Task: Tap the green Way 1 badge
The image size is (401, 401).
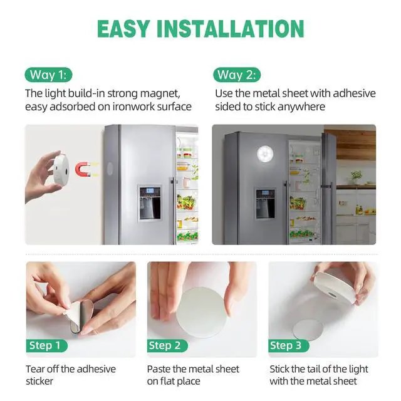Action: pyautogui.click(x=48, y=75)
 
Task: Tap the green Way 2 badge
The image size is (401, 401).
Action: pyautogui.click(x=236, y=75)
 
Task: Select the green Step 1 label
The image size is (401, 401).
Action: pyautogui.click(x=48, y=345)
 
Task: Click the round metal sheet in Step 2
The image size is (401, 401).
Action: pyautogui.click(x=199, y=310)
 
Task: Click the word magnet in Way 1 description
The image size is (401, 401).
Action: pyautogui.click(x=164, y=93)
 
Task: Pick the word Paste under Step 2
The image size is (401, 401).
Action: pyautogui.click(x=161, y=368)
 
